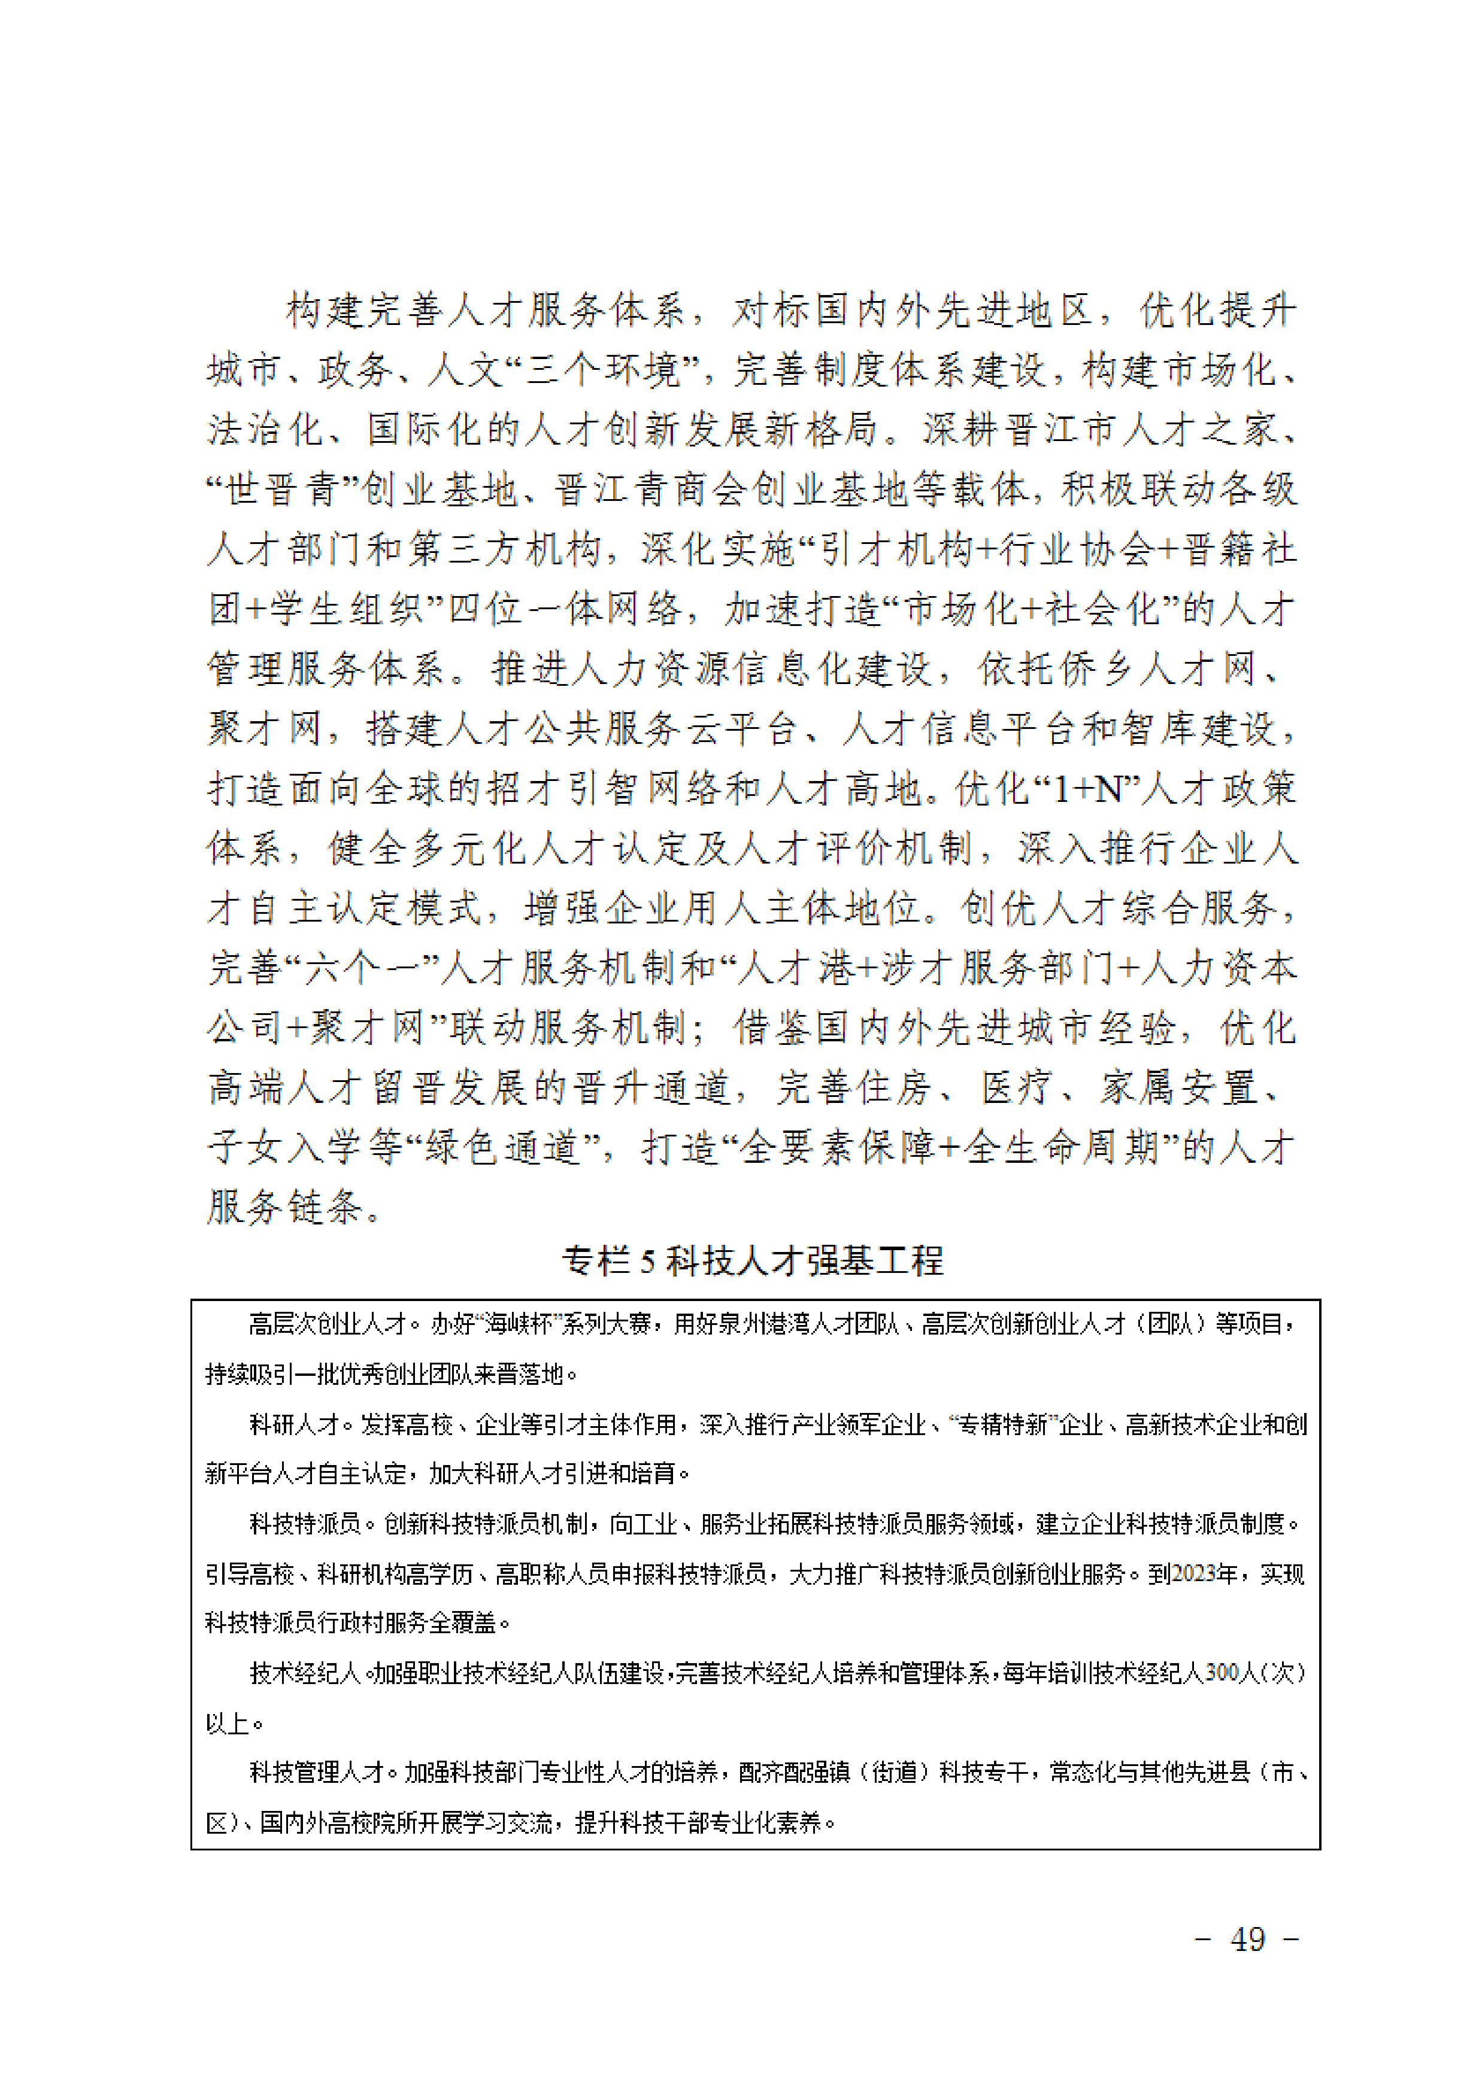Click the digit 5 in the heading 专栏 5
click(x=647, y=1262)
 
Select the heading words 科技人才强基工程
click(x=805, y=1262)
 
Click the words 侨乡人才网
click(x=1156, y=670)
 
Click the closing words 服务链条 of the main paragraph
click(x=285, y=1208)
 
